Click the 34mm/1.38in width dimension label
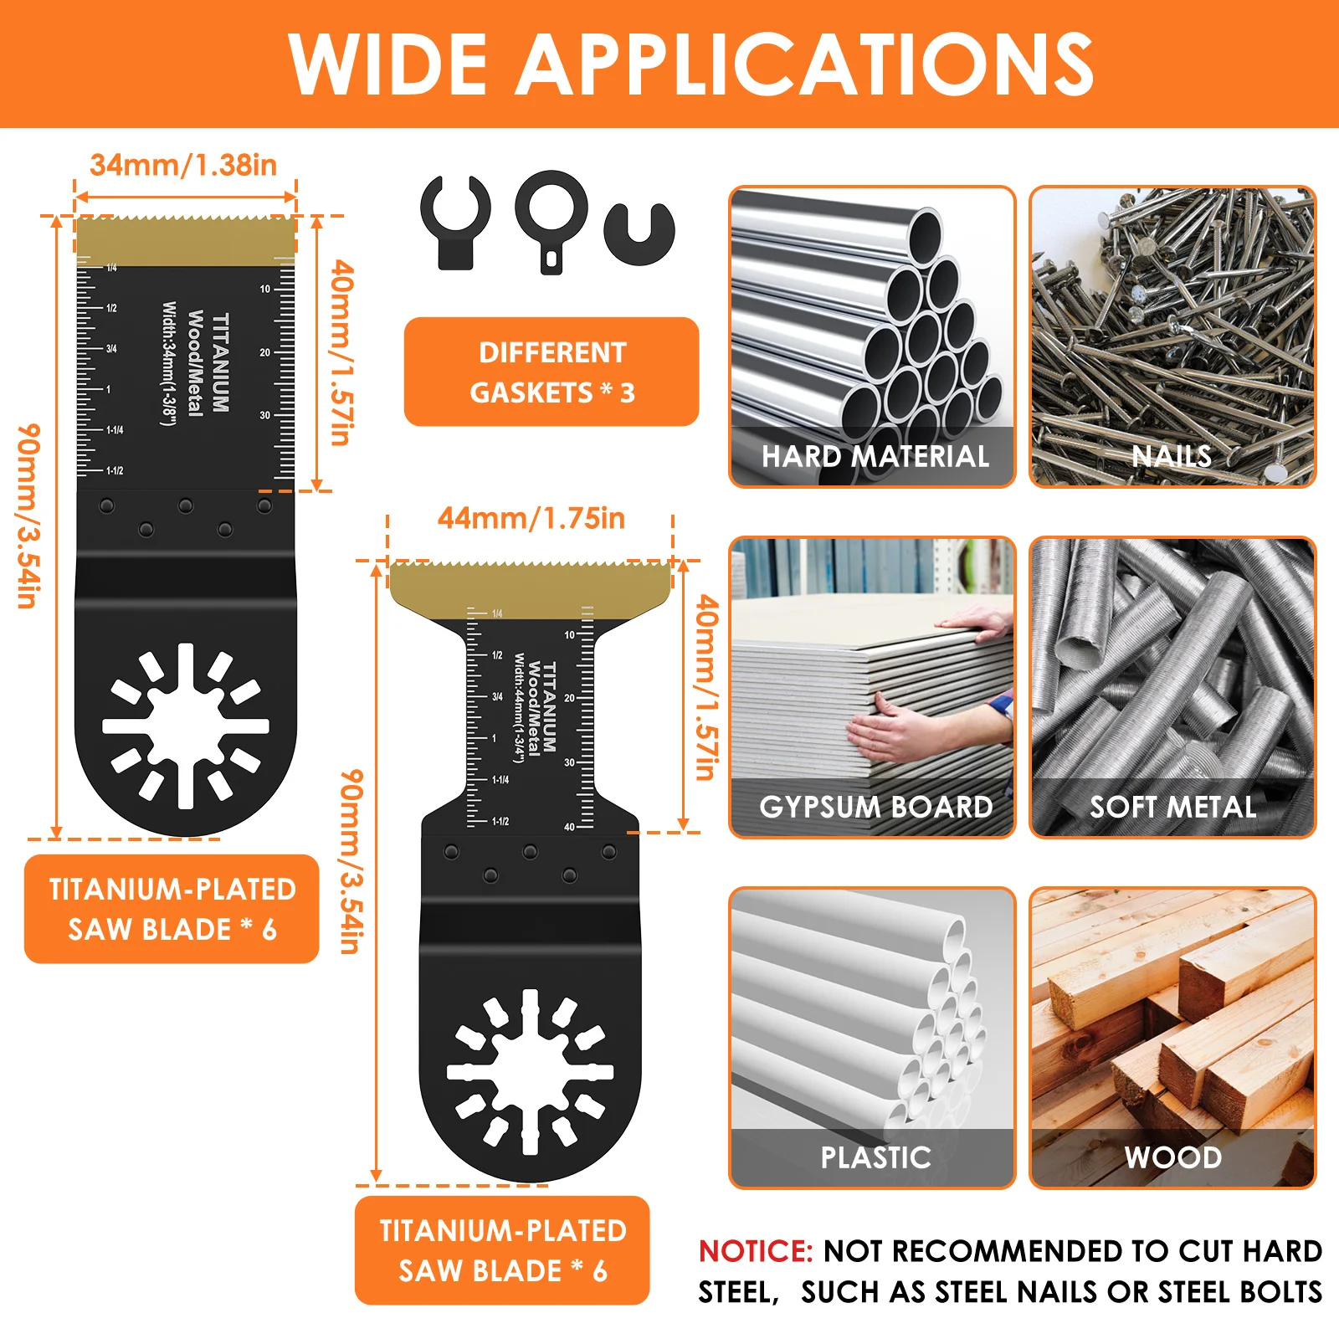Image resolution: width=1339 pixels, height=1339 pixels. pyautogui.click(x=183, y=165)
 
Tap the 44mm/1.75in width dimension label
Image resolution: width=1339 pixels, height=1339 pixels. pyautogui.click(x=531, y=518)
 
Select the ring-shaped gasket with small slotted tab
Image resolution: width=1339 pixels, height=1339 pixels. pyautogui.click(x=551, y=219)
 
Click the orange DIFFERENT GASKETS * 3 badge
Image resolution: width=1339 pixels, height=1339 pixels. pyautogui.click(x=552, y=372)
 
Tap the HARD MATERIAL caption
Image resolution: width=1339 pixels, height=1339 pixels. pyautogui.click(x=875, y=456)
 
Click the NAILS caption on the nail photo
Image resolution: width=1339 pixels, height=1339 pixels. pyautogui.click(x=1172, y=456)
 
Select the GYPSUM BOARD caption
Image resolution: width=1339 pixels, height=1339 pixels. pyautogui.click(x=875, y=807)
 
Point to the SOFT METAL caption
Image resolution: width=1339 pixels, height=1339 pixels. pyautogui.click(x=1172, y=807)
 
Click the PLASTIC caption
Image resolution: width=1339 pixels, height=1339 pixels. pyautogui.click(x=875, y=1157)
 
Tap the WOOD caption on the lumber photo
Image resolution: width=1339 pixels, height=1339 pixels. pyautogui.click(x=1172, y=1157)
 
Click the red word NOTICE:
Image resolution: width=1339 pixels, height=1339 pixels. pyautogui.click(x=756, y=1251)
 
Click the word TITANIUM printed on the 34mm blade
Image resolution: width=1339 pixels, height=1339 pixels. pyautogui.click(x=221, y=362)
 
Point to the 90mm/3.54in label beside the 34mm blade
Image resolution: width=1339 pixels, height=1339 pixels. pyautogui.click(x=28, y=515)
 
